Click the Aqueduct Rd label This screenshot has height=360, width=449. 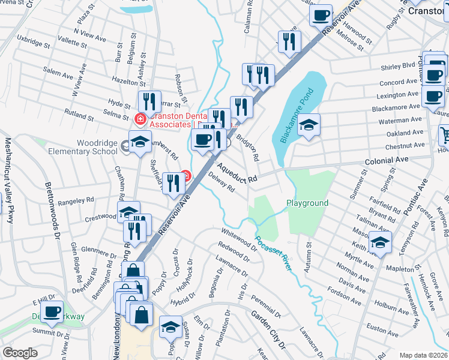[237, 171]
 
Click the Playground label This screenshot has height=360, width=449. [307, 203]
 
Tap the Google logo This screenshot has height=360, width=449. [20, 353]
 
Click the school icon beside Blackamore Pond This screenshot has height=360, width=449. [309, 125]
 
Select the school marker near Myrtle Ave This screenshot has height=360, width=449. [381, 243]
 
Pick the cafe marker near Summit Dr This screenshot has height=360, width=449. [52, 312]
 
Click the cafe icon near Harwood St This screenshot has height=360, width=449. [321, 14]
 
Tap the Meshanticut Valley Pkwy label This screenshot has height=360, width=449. [9, 181]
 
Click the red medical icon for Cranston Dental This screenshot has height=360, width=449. [140, 119]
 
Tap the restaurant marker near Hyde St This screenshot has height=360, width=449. [149, 102]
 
